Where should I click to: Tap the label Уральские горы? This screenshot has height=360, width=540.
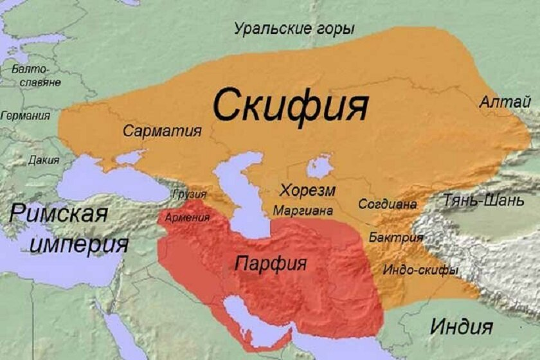[x=294, y=29]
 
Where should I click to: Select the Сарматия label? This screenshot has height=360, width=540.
[x=162, y=131]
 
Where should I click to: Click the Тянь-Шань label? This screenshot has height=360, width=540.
[x=483, y=201]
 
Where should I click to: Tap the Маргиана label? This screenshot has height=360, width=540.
[x=303, y=210]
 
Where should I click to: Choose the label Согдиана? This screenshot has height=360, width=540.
[x=388, y=204]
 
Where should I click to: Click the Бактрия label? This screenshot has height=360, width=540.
[x=397, y=238]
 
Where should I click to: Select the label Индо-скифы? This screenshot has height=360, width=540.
[x=420, y=270]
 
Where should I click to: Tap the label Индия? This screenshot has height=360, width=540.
[x=461, y=326]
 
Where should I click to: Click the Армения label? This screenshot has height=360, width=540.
[x=187, y=217]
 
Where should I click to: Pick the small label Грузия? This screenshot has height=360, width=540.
[x=190, y=194]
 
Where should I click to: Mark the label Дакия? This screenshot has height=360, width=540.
[x=44, y=159]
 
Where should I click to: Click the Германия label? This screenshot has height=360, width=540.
[x=26, y=116]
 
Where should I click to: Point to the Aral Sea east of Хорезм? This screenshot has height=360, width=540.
[x=319, y=166]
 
